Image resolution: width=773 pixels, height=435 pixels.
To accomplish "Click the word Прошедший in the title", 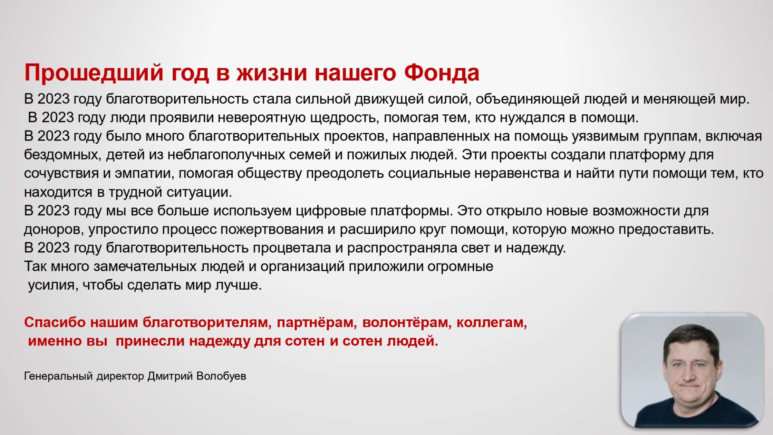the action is click(x=94, y=73).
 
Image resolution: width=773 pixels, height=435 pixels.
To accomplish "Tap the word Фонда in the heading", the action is click(x=442, y=72).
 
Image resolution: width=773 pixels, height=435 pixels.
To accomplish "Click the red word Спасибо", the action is click(x=55, y=323).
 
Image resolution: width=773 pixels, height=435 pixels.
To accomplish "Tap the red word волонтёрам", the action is click(x=407, y=323).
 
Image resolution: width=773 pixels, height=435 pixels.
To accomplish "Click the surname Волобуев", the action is click(x=221, y=376).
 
